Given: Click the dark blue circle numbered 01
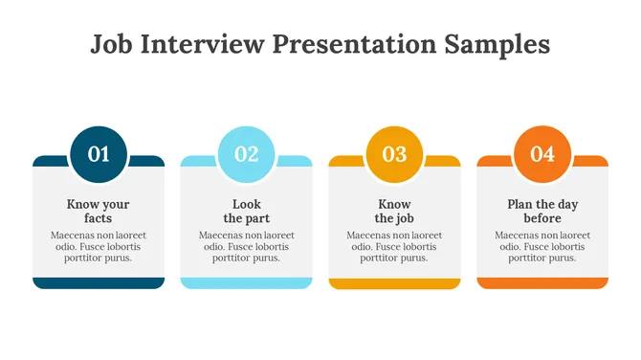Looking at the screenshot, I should point(99,153).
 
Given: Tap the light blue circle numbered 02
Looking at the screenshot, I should point(247,153).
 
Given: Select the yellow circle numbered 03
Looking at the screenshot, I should point(394,153).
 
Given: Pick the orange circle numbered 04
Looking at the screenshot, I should point(542,153).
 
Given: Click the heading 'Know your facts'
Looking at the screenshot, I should point(99,212).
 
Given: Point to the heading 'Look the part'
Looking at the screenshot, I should point(247,212).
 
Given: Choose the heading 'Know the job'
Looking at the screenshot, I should point(394,212).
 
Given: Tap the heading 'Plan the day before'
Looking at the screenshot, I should point(542,212).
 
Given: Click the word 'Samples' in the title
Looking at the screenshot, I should point(499,45).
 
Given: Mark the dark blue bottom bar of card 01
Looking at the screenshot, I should point(99,282).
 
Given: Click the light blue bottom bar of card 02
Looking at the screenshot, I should point(247,282).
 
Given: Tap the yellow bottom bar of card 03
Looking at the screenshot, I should point(394,282).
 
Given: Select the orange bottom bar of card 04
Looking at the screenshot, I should point(542,282).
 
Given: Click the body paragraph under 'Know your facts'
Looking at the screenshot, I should point(99,246).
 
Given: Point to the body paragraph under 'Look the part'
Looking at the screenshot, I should point(247,246).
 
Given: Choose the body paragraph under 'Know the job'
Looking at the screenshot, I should point(394,246).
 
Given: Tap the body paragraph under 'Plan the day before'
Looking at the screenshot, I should point(542,246).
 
